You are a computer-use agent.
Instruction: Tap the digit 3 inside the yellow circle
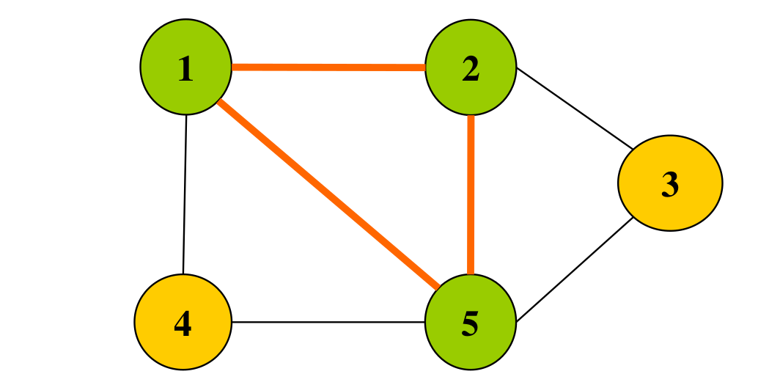(670, 184)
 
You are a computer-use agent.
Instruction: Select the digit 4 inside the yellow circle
(183, 323)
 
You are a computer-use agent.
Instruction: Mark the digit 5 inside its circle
(471, 323)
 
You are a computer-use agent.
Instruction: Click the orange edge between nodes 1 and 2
(328, 67)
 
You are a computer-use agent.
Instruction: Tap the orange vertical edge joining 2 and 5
(471, 194)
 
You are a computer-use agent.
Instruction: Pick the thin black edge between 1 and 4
(184, 194)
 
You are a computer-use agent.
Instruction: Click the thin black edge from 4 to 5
(328, 321)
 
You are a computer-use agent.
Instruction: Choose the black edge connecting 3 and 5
(575, 269)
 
